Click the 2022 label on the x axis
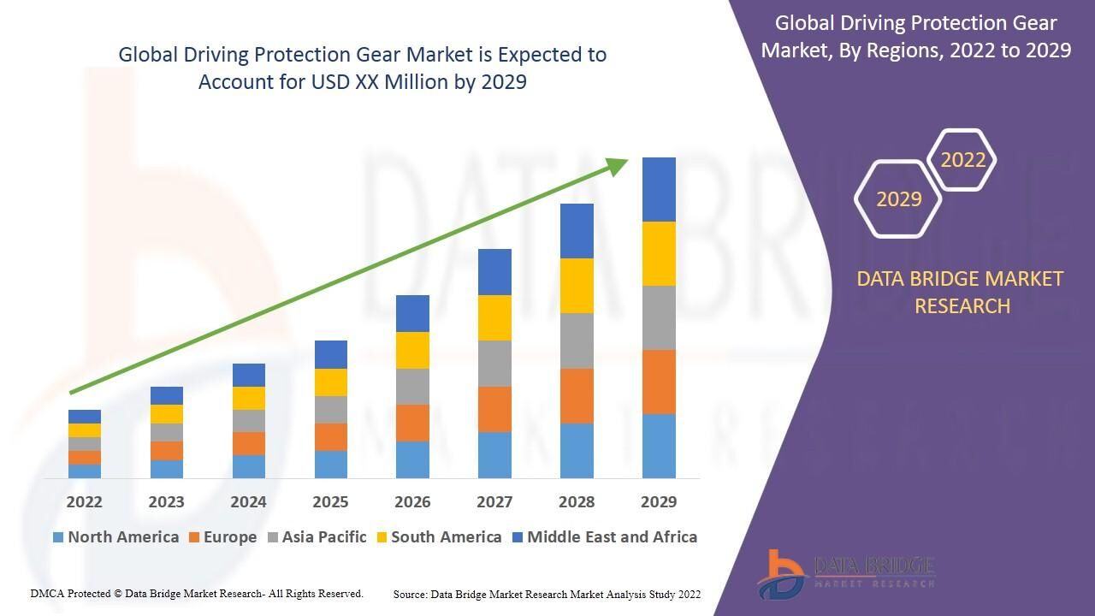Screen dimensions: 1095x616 coord(84,501)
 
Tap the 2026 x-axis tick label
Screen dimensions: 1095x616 coord(412,501)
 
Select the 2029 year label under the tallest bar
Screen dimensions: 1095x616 coord(659,501)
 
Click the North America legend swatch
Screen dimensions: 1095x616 coord(58,537)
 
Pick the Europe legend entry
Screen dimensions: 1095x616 coord(223,536)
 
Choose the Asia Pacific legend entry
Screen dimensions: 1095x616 coord(317,536)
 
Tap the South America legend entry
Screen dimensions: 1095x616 coord(440,536)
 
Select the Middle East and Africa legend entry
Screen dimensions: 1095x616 coord(605,536)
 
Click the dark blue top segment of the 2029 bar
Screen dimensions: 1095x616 coord(659,190)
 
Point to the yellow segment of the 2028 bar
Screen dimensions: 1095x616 coord(577,286)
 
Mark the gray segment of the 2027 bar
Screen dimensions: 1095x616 coord(494,364)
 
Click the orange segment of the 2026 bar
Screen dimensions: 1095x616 coord(412,423)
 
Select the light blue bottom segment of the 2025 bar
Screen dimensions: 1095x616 coord(331,465)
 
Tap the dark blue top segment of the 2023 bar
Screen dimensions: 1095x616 coord(167,395)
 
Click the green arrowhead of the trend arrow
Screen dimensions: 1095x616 coord(617,166)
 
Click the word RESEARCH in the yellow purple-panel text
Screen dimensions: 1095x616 coord(962,306)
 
